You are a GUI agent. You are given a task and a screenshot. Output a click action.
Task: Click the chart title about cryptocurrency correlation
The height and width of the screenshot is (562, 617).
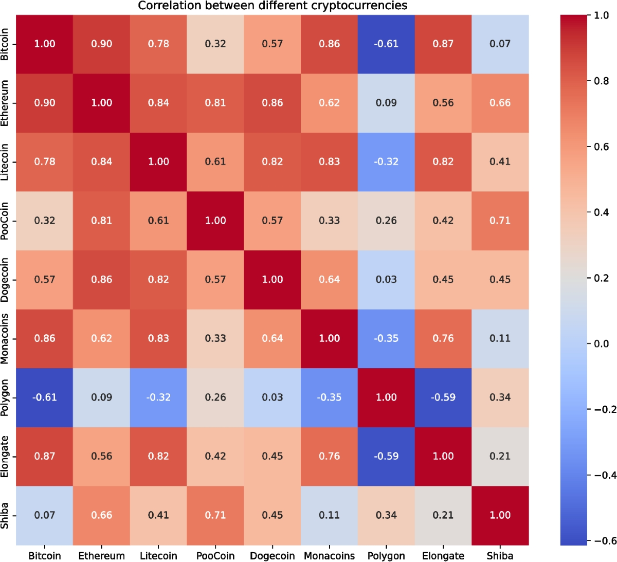pyautogui.click(x=273, y=6)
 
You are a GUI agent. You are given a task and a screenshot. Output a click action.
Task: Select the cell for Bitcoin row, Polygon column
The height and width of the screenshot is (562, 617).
pyautogui.click(x=386, y=44)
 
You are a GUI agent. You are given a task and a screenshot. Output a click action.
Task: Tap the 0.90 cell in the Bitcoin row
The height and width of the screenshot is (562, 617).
pyautogui.click(x=101, y=44)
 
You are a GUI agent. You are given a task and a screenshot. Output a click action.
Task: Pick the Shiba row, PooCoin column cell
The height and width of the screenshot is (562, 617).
pyautogui.click(x=215, y=515)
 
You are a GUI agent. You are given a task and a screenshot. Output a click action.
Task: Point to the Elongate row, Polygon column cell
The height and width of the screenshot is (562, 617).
pyautogui.click(x=386, y=457)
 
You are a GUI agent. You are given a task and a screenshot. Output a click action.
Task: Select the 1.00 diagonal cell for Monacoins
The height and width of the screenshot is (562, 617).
pyautogui.click(x=329, y=338)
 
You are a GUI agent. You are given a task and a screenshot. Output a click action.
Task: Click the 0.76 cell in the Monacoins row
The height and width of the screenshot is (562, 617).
pyautogui.click(x=443, y=338)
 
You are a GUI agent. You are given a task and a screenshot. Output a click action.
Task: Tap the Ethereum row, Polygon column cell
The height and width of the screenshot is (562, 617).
pyautogui.click(x=386, y=103)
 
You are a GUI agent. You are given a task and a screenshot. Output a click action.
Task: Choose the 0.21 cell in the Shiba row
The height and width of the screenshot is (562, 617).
pyautogui.click(x=443, y=515)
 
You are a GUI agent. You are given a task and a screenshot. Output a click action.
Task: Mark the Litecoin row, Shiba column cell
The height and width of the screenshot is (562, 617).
pyautogui.click(x=500, y=162)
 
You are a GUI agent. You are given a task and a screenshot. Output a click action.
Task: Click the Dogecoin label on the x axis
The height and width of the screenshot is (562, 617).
pyautogui.click(x=273, y=556)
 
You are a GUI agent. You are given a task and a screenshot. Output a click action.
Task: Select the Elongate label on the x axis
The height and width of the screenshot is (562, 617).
pyautogui.click(x=443, y=556)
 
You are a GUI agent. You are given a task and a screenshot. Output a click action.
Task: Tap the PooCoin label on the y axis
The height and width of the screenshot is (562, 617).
pyautogui.click(x=5, y=221)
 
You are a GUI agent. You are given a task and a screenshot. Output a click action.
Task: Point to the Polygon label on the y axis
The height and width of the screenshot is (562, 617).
pyautogui.click(x=5, y=397)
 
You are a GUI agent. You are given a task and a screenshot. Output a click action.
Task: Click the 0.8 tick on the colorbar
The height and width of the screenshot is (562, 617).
pyautogui.click(x=601, y=81)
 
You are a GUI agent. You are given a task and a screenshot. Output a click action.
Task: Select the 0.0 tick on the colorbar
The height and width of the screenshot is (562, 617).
pyautogui.click(x=601, y=343)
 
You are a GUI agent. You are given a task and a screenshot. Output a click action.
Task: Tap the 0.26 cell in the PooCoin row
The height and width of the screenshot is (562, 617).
pyautogui.click(x=386, y=221)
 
